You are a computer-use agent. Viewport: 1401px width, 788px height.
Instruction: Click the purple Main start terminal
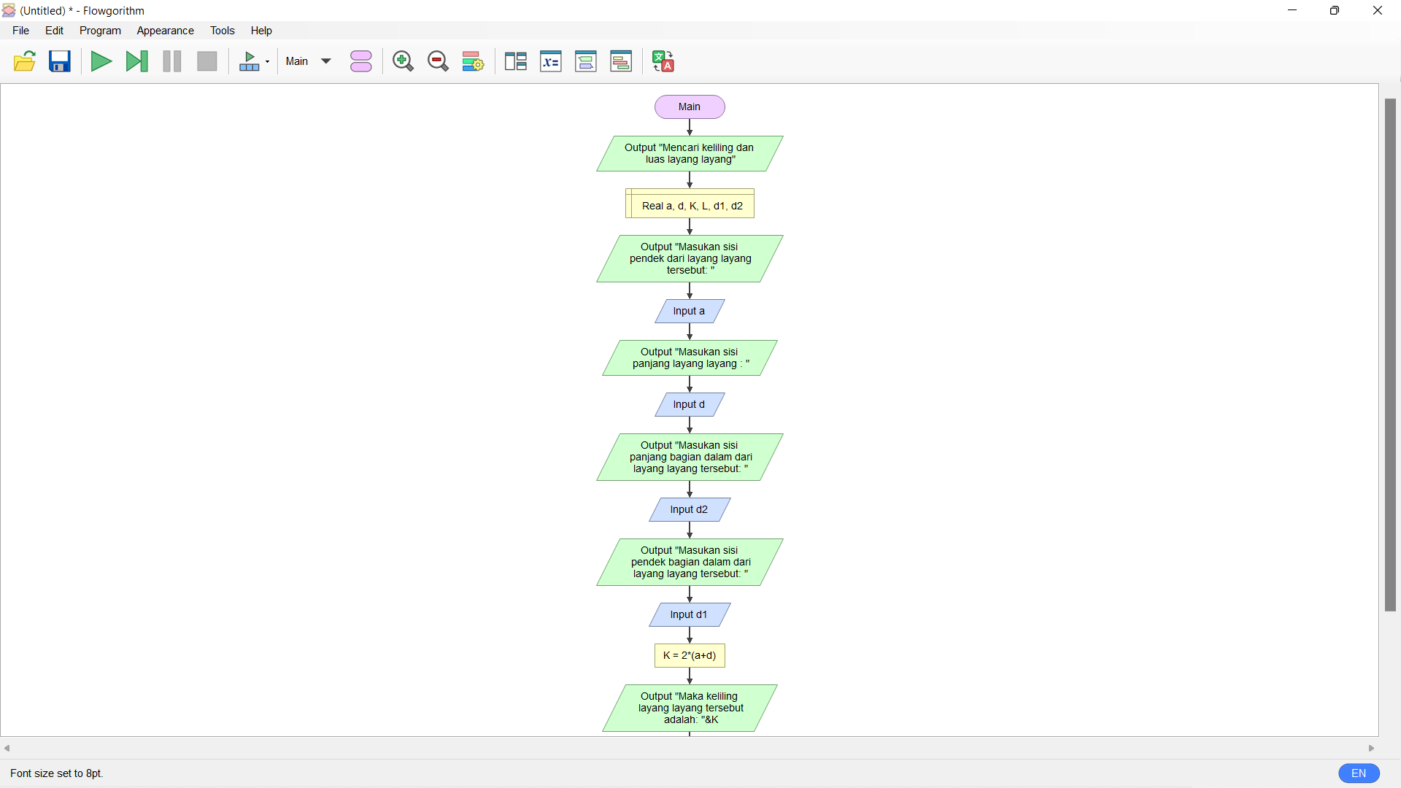690,107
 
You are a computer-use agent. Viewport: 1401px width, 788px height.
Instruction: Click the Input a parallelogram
690,311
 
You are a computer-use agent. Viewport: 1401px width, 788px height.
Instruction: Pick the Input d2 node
690,509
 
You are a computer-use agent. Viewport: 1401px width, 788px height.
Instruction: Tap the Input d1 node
690,614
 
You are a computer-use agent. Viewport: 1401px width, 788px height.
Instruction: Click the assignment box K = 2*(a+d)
690,655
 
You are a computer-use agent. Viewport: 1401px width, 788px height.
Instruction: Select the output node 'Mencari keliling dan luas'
690,153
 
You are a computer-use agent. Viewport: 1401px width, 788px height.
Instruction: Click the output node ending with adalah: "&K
690,708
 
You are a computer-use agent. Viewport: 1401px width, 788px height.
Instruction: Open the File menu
21,31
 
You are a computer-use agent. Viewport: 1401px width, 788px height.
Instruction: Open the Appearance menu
165,31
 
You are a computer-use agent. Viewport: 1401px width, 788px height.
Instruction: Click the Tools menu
222,31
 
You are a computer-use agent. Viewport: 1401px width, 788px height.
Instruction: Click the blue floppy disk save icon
60,61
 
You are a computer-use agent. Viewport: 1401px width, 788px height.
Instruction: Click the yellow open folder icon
25,61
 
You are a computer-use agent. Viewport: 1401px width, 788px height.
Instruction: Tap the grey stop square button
207,61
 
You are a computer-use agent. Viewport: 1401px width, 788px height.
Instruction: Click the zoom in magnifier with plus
403,61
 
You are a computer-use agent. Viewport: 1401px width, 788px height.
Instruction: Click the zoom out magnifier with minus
438,61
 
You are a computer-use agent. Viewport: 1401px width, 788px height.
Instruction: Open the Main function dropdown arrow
326,61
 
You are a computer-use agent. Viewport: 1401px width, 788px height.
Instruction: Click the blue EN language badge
1359,773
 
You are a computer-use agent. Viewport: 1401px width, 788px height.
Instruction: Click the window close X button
1378,10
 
